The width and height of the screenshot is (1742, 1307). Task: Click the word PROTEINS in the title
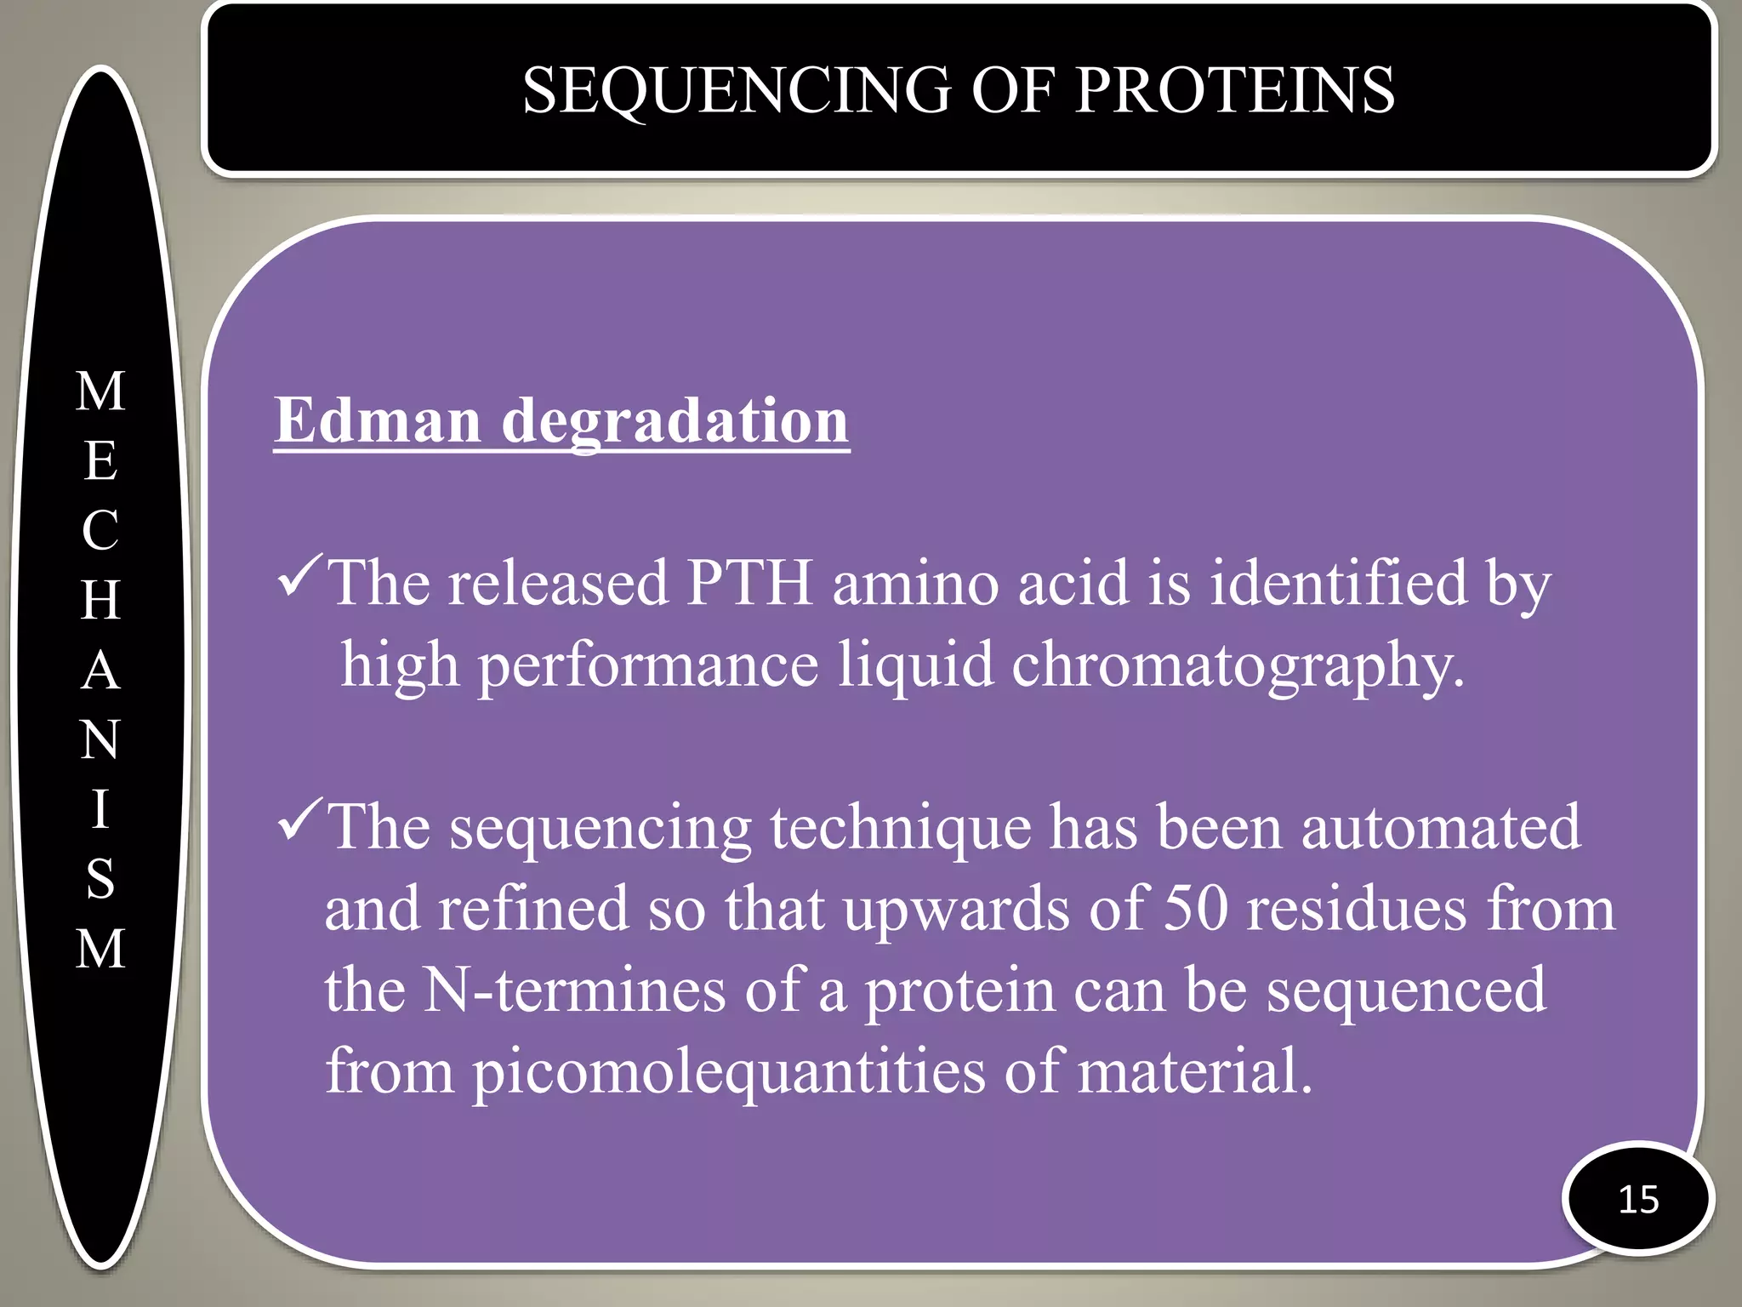(1234, 90)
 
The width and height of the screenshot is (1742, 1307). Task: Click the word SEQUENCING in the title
(737, 90)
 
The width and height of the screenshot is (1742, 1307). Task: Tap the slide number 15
(1638, 1200)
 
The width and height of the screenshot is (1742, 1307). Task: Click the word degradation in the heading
(675, 422)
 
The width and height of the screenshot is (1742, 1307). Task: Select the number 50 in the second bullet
(1195, 908)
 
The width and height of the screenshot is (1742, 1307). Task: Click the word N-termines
(574, 990)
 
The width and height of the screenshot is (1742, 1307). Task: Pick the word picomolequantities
(728, 1072)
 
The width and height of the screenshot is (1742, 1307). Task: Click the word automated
(1441, 827)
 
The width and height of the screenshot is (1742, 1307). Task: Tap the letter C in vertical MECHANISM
(100, 531)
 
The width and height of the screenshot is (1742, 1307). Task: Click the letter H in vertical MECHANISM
(100, 601)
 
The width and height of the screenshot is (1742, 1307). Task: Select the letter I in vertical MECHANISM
(100, 808)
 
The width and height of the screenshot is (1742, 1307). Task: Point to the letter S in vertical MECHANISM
(100, 878)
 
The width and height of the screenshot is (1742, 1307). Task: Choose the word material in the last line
(1194, 1070)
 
